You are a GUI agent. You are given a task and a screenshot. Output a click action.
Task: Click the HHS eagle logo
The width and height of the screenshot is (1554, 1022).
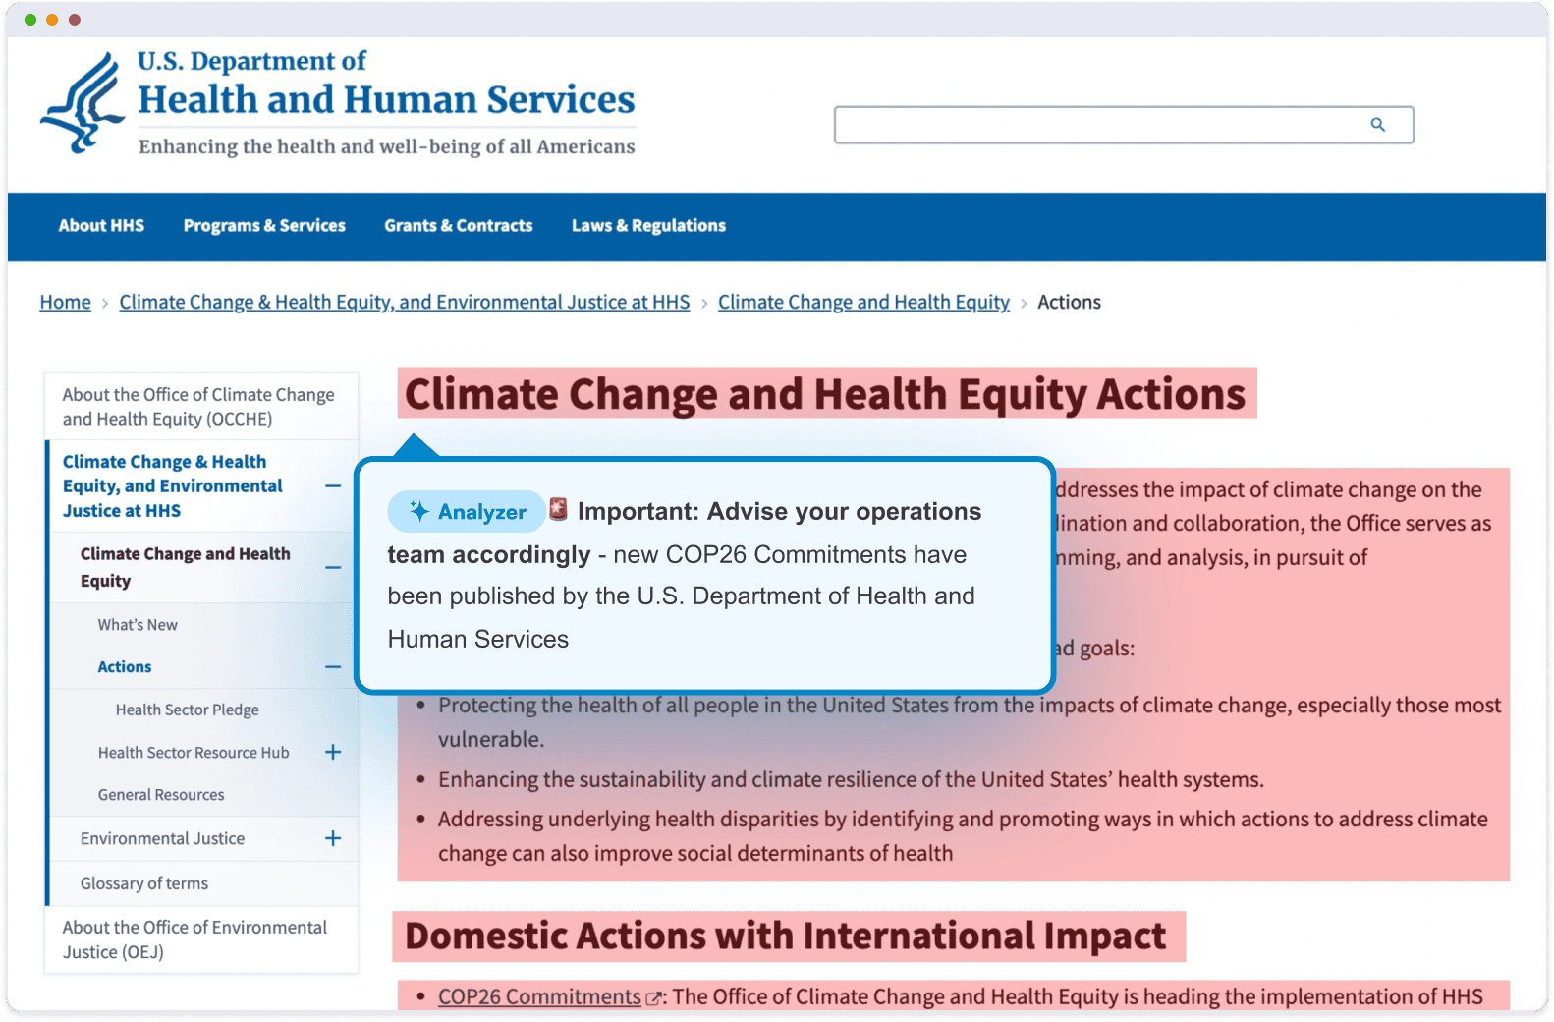coord(83,102)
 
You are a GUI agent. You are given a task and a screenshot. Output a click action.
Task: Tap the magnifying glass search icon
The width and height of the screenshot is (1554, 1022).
coord(1377,125)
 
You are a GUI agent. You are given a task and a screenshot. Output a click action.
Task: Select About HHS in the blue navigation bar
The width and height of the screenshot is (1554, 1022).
coord(101,226)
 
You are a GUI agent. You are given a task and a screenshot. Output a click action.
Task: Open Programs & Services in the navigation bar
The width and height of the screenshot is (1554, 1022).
coord(264,226)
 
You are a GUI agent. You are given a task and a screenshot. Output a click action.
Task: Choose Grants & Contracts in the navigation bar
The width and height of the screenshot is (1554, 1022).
coord(458,226)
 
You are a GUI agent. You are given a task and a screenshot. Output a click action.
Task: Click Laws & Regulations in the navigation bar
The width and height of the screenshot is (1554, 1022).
coord(648,226)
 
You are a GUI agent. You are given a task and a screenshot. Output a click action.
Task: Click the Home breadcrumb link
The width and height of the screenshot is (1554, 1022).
coord(65,303)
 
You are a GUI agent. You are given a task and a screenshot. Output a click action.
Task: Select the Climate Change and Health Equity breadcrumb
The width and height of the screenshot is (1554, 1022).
coord(862,303)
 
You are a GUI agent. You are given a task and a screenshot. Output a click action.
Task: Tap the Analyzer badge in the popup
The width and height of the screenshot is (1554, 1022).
coord(467,511)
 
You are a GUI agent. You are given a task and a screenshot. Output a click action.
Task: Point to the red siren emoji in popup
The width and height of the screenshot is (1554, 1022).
coord(558,509)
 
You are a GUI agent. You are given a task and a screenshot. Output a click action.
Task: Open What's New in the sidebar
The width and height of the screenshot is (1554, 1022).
coord(138,625)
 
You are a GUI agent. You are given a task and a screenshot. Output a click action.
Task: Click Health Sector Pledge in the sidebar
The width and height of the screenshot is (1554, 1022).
coord(187,710)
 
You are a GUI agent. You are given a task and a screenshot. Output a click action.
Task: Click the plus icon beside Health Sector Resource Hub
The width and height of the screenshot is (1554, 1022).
coord(333,752)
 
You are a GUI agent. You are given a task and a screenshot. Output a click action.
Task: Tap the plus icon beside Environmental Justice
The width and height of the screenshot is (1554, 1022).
coord(333,838)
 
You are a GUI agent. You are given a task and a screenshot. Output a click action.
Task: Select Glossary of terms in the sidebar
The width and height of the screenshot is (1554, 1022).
coord(144,883)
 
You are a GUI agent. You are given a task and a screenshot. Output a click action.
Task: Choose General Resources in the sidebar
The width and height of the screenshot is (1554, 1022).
coord(161,795)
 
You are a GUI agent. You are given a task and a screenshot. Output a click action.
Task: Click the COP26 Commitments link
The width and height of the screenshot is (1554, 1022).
coord(539,996)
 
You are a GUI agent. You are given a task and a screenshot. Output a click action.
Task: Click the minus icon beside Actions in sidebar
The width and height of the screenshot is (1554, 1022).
coord(333,667)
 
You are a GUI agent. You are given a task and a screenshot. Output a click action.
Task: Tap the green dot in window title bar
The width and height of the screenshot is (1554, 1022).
coord(30,20)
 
